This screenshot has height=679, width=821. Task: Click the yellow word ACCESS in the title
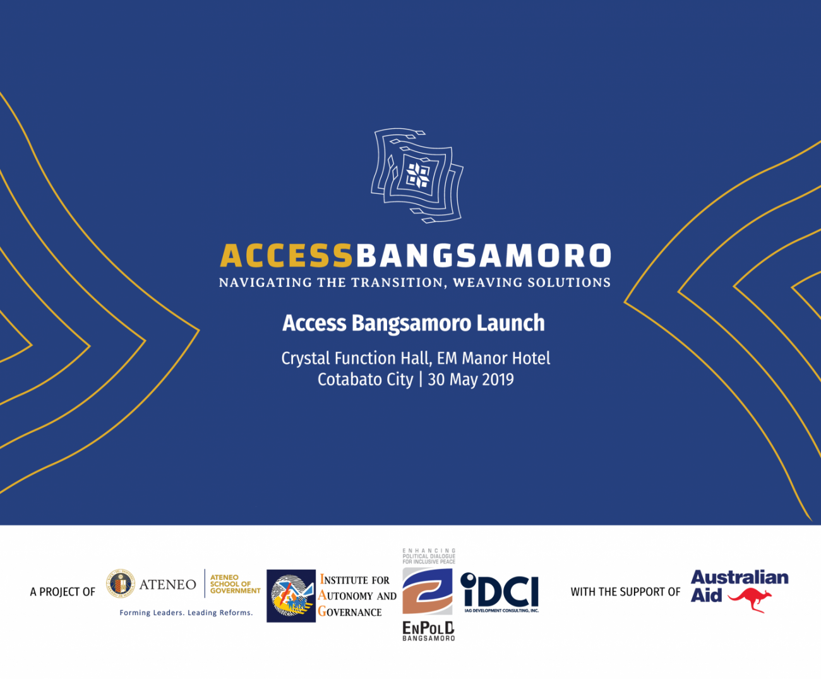[286, 256]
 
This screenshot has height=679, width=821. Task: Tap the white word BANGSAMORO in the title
[483, 256]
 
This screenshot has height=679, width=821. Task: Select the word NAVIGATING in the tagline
[265, 282]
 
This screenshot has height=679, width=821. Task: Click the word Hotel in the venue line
[530, 358]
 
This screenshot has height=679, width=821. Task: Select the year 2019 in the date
[498, 380]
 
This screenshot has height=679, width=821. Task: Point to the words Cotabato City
[365, 380]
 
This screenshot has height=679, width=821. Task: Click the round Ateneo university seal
[120, 583]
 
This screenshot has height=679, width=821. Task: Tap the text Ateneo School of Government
[234, 584]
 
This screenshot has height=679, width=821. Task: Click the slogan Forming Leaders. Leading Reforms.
[186, 613]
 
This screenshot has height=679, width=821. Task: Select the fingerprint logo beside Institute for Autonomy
[291, 596]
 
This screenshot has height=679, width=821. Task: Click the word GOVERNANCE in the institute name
[351, 612]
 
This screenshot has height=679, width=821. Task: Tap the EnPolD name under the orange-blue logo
[428, 628]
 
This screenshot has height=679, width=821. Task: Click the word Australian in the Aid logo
[740, 577]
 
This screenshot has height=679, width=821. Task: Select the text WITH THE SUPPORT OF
[625, 592]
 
